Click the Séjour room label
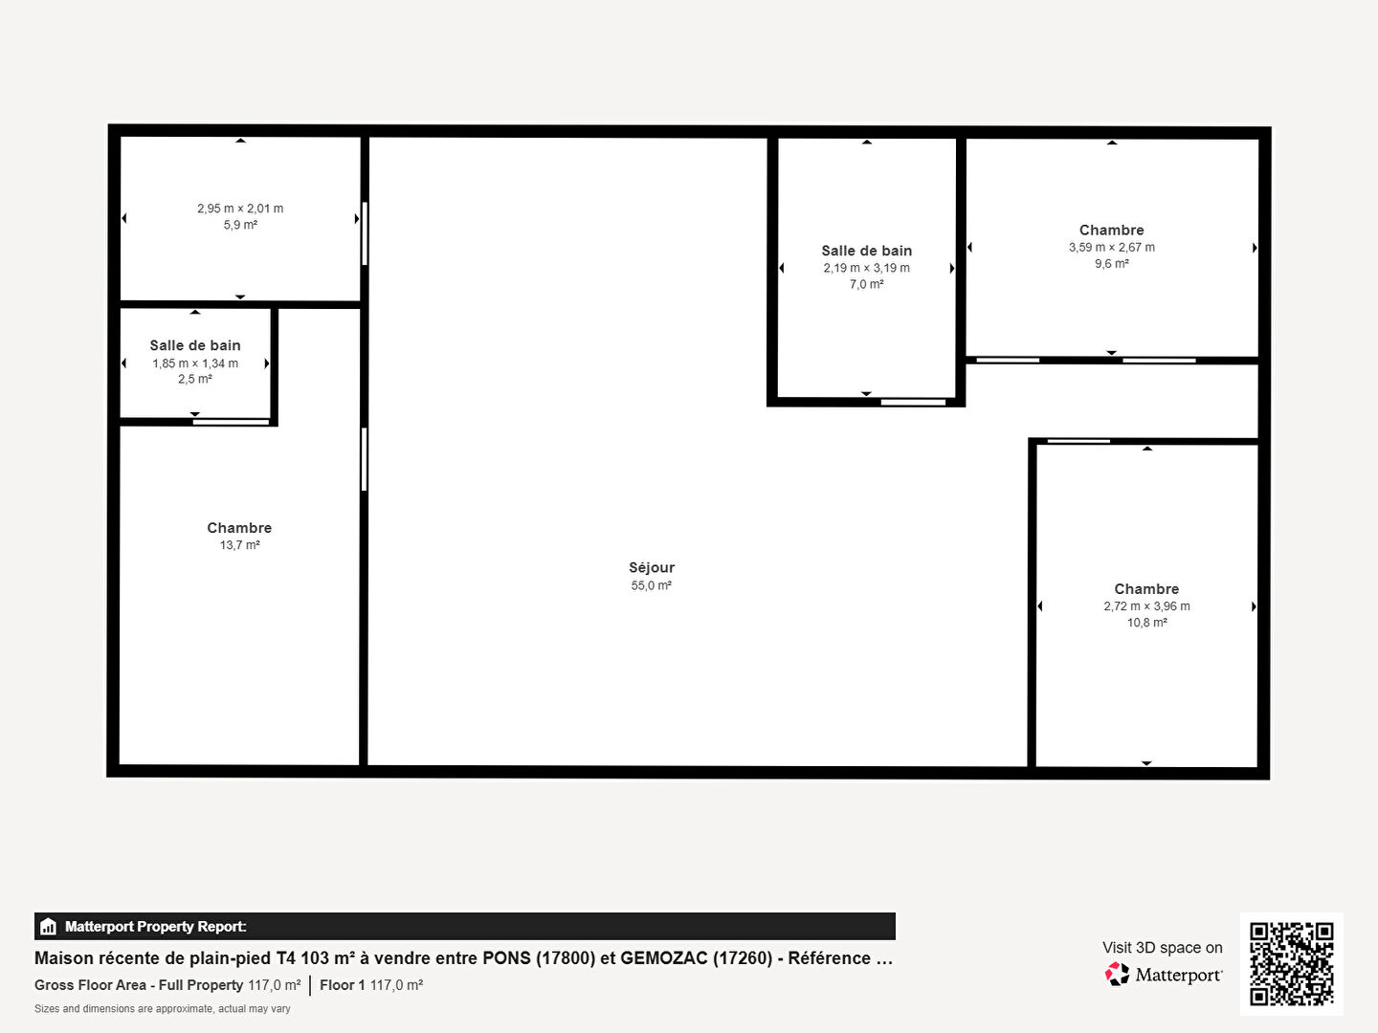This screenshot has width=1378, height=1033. [x=652, y=567]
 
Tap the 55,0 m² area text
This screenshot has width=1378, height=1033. [x=651, y=585]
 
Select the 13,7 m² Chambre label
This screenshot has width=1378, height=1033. [x=239, y=527]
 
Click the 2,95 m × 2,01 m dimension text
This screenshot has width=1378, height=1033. [x=240, y=209]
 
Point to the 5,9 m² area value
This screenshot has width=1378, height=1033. [x=240, y=225]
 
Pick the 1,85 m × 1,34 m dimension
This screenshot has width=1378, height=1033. [x=194, y=363]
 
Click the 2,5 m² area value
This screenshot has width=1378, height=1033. [x=194, y=379]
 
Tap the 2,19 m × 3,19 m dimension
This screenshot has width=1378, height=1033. [x=866, y=268]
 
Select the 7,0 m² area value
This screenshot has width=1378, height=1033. [x=866, y=284]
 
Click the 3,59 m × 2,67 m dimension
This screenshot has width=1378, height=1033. [x=1111, y=247]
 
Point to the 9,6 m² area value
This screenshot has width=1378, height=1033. [x=1111, y=263]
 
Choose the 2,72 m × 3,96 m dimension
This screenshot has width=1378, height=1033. [x=1146, y=605]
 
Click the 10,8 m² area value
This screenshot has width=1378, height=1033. [x=1146, y=622]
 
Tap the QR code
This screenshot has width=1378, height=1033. [x=1291, y=964]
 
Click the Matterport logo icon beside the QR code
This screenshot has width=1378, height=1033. [x=1117, y=974]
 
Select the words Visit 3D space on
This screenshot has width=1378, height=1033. [x=1162, y=948]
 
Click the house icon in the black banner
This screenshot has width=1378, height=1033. [x=48, y=927]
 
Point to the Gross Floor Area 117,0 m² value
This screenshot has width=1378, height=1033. [x=275, y=985]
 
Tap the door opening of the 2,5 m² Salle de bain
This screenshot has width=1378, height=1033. [x=231, y=422]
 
